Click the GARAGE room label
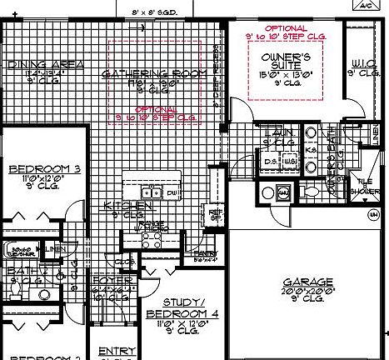(x=308, y=282)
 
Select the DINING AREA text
(x=34, y=64)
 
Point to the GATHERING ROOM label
(x=153, y=74)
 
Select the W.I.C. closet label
(x=363, y=64)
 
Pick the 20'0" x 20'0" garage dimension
(x=308, y=292)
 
